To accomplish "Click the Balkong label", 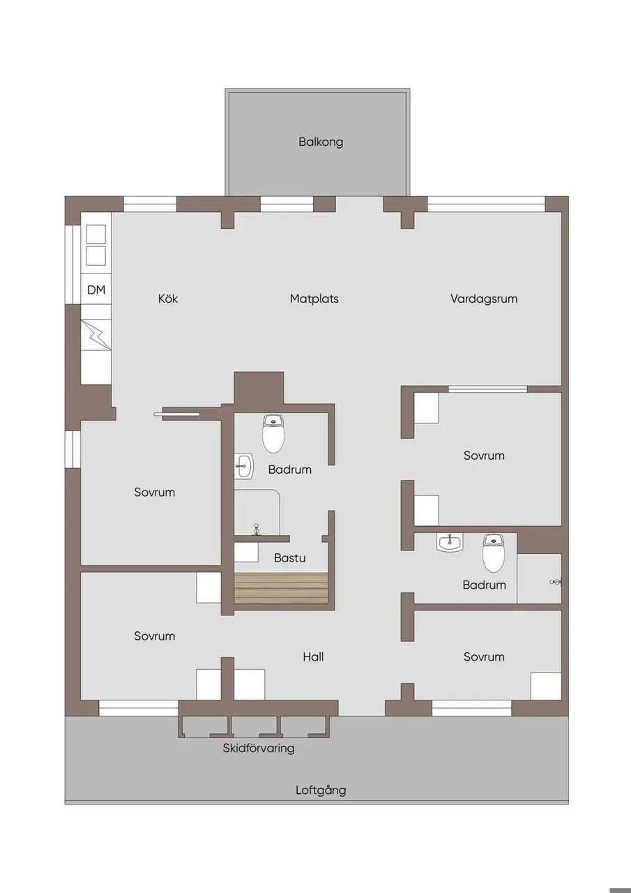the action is pyautogui.click(x=321, y=142).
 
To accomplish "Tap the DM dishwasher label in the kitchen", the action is pyautogui.click(x=96, y=290).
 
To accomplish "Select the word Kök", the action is pyautogui.click(x=168, y=299).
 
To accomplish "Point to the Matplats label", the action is pyautogui.click(x=314, y=299).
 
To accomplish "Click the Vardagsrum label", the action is pyautogui.click(x=484, y=299).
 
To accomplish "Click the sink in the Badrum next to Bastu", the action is pyautogui.click(x=244, y=465).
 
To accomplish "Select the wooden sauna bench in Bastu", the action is pyautogui.click(x=281, y=588).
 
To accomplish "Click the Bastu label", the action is pyautogui.click(x=289, y=557).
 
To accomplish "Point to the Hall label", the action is pyautogui.click(x=313, y=656).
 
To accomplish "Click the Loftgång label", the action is pyautogui.click(x=321, y=790).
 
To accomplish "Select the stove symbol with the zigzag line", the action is pyautogui.click(x=96, y=335).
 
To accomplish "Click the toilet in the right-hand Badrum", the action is pyautogui.click(x=494, y=553).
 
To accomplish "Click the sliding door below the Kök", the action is pyautogui.click(x=176, y=414).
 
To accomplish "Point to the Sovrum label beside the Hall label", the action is pyautogui.click(x=484, y=656).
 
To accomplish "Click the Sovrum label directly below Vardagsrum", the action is pyautogui.click(x=484, y=456).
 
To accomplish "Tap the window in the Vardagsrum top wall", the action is pyautogui.click(x=486, y=204).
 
